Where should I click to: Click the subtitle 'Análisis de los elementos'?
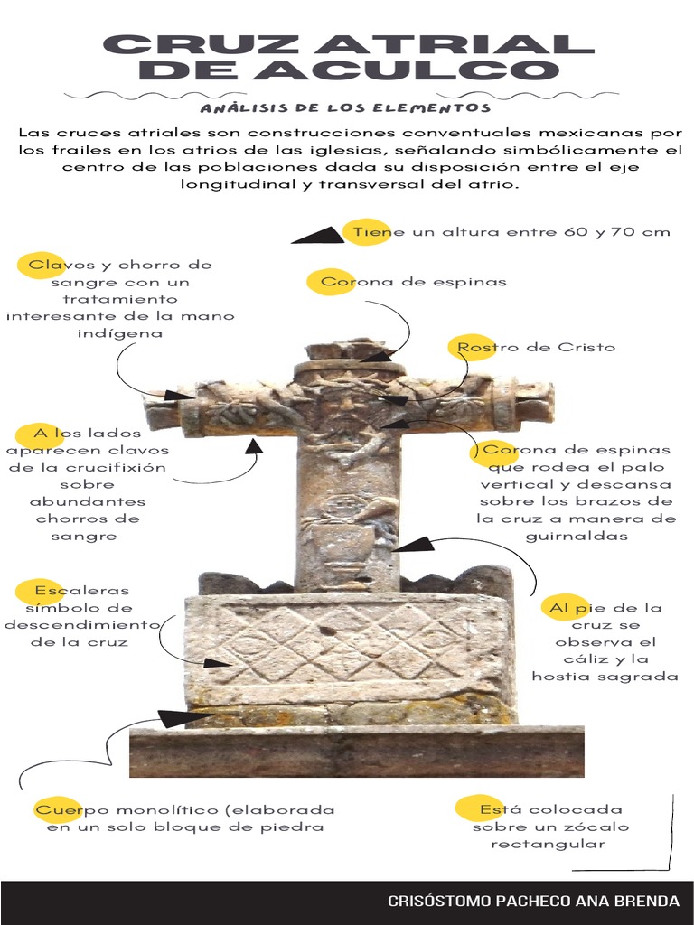[x=346, y=108]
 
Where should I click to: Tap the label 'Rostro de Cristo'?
[x=536, y=347]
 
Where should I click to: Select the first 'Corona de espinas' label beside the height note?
[x=414, y=281]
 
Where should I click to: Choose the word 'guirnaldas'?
[x=577, y=536]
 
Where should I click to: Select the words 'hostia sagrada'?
[x=605, y=677]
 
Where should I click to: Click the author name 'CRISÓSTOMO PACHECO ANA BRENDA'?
[x=533, y=901]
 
